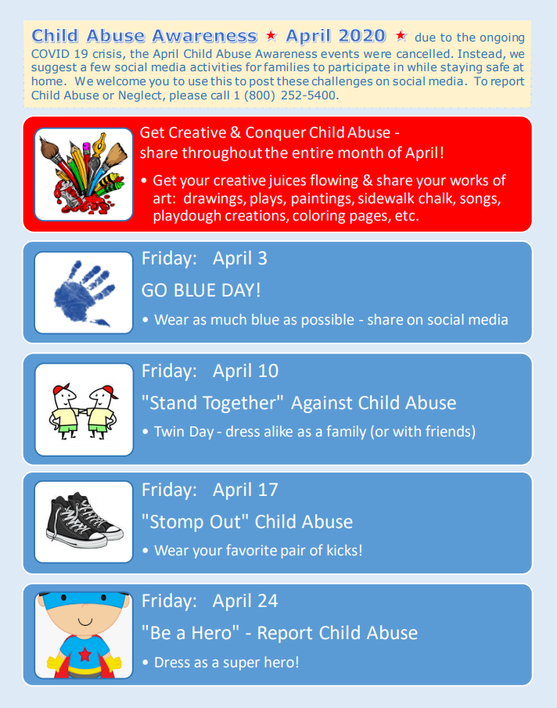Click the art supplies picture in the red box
pyautogui.click(x=84, y=174)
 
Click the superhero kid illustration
pyautogui.click(x=84, y=634)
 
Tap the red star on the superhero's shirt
pyautogui.click(x=84, y=654)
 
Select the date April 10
pyautogui.click(x=246, y=371)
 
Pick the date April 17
pyautogui.click(x=246, y=490)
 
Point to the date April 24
pyautogui.click(x=246, y=601)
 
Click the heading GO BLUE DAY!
pyautogui.click(x=201, y=290)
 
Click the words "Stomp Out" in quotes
pyautogui.click(x=195, y=522)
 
